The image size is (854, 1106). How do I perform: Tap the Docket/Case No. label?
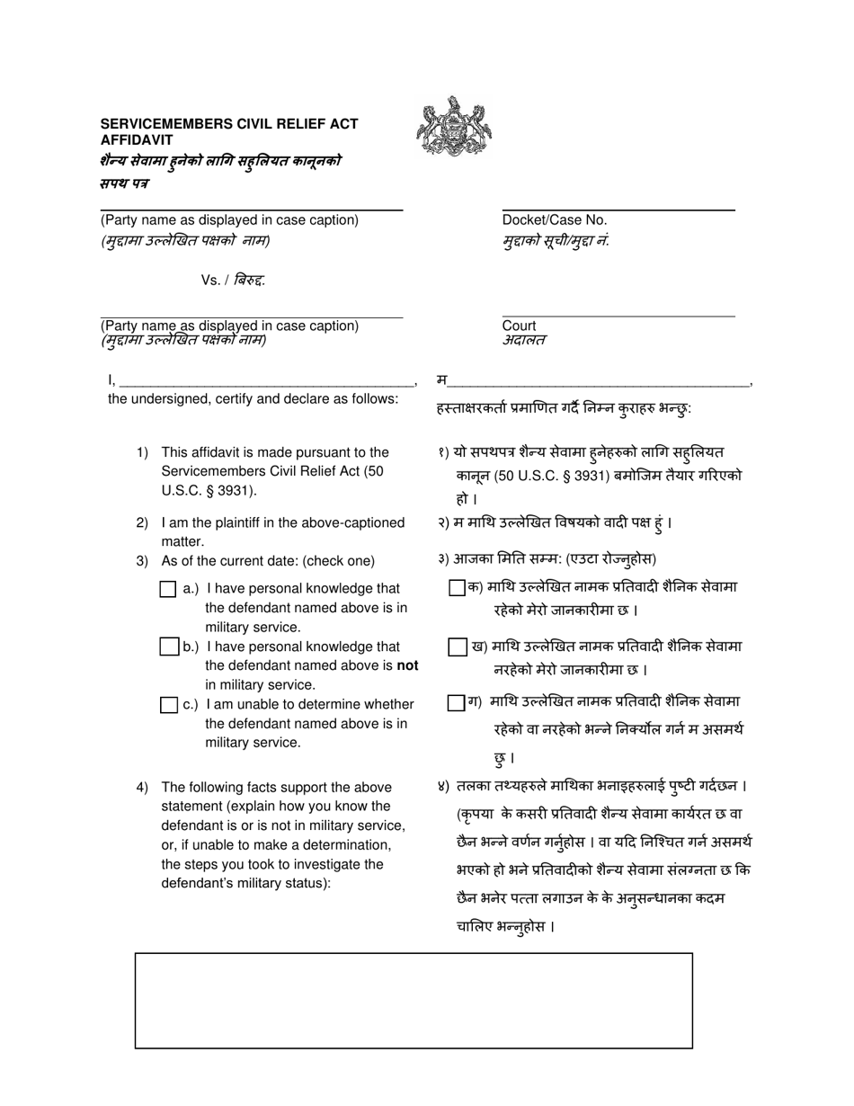point(555,220)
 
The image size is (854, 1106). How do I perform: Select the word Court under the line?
point(519,326)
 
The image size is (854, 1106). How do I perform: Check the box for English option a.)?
point(168,590)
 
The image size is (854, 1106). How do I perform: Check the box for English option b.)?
point(168,647)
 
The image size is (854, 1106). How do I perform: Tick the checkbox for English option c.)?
point(168,705)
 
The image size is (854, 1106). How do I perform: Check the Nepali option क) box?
point(458,588)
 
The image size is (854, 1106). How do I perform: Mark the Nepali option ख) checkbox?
point(458,647)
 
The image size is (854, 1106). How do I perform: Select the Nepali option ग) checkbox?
point(456,702)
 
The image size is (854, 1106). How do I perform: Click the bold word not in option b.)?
point(408,666)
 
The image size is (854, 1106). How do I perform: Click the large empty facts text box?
point(414,1001)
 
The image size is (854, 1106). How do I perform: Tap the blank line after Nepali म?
point(599,382)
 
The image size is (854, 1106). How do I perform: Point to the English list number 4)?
point(142,788)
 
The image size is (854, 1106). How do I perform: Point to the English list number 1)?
point(142,452)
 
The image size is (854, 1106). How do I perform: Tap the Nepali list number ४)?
point(442,787)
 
